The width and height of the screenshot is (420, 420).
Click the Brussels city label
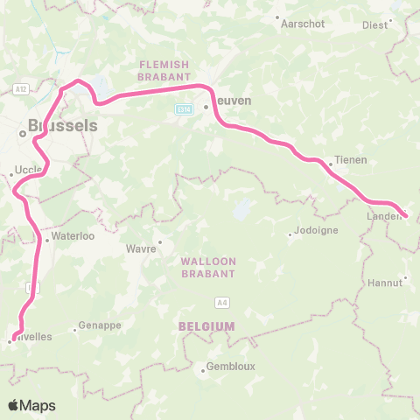coord(62,125)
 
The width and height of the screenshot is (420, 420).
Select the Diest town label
coord(374,25)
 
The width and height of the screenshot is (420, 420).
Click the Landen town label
coord(382,215)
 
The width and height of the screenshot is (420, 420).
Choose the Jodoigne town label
coord(314,234)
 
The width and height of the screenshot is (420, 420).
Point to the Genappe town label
coord(98,325)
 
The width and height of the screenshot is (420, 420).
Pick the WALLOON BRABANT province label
coord(208,267)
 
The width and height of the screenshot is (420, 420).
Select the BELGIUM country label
coord(206,325)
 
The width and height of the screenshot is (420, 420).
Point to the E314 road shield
coord(183,109)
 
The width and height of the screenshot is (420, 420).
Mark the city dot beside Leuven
coord(206,108)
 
